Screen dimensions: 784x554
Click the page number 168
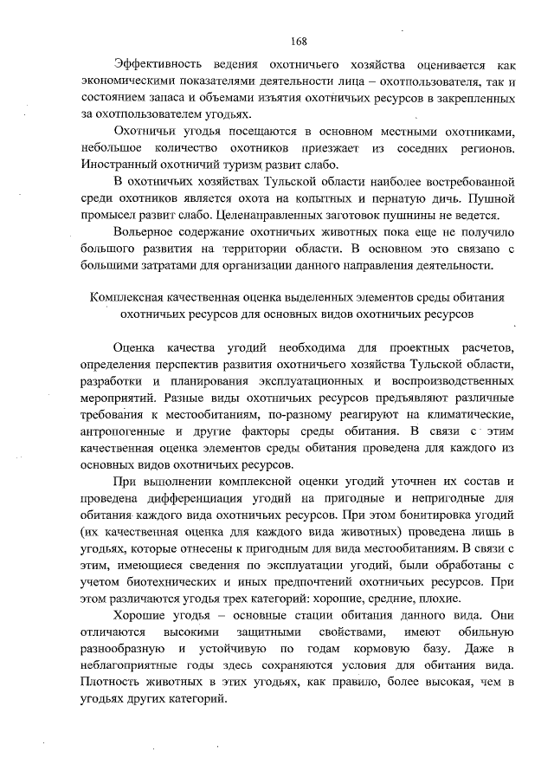[x=299, y=41]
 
